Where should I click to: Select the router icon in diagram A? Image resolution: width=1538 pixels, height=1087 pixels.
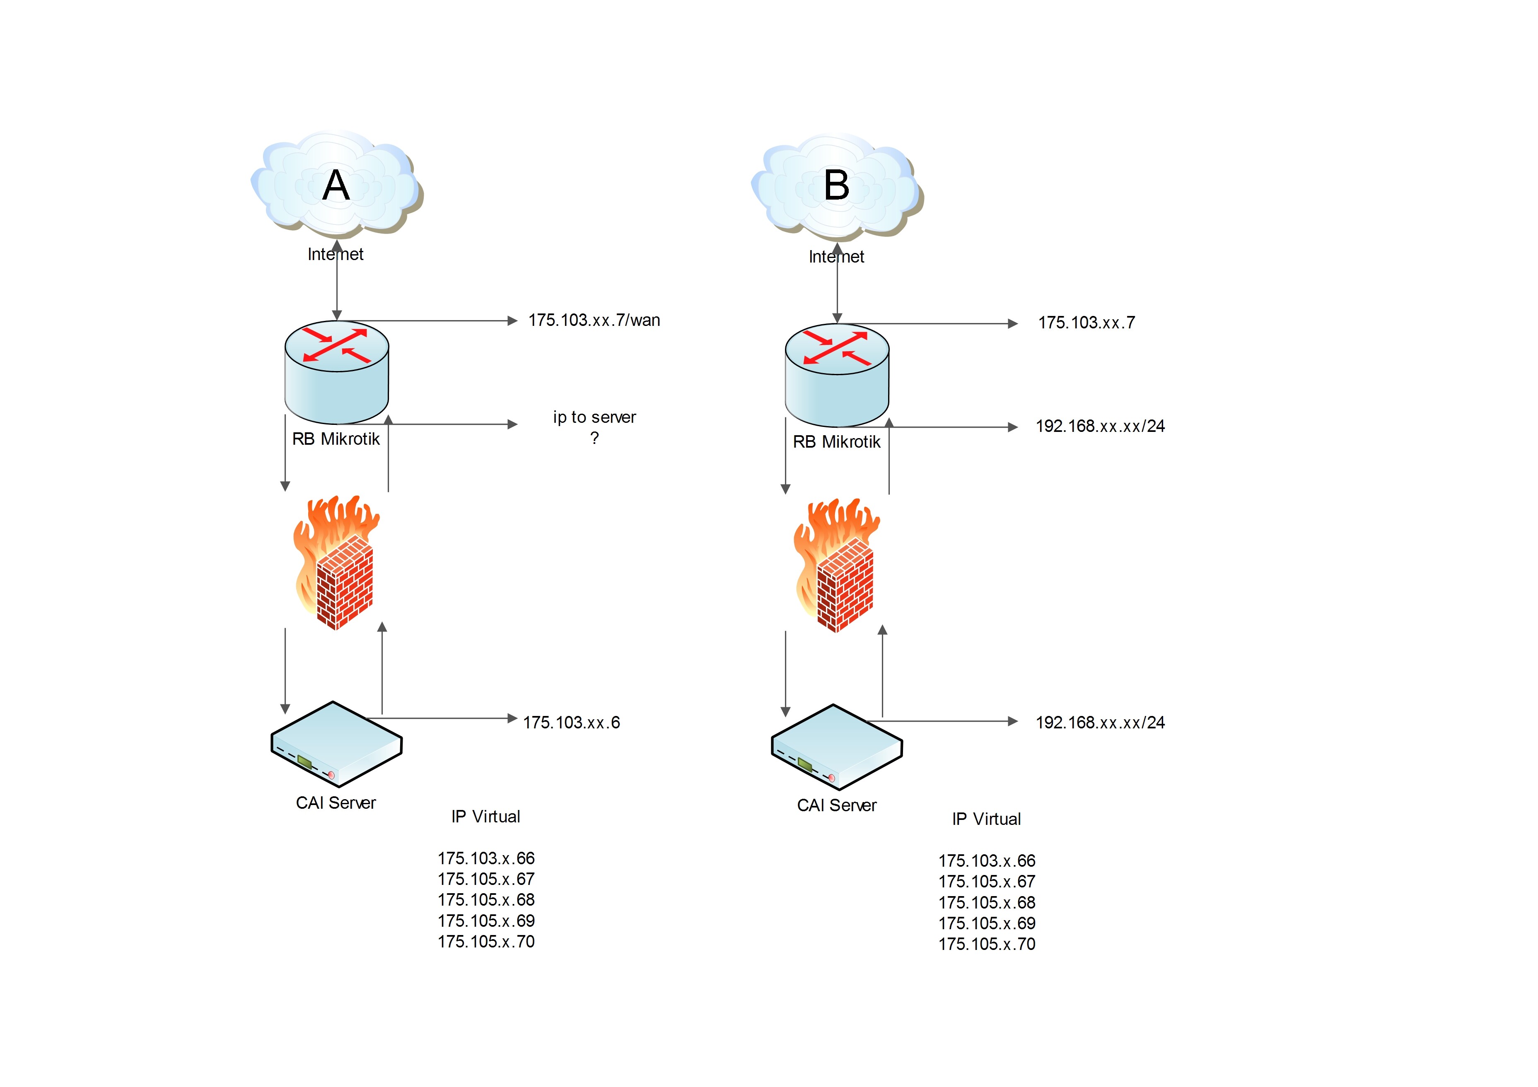pyautogui.click(x=336, y=372)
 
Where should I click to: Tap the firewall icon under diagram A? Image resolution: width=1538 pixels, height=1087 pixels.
pyautogui.click(x=336, y=563)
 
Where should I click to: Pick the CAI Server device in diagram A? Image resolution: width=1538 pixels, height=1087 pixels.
pyautogui.click(x=336, y=743)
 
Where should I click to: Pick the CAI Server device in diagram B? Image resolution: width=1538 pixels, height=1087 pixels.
pyautogui.click(x=837, y=746)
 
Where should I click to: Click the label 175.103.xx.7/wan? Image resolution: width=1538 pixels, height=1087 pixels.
pyautogui.click(x=594, y=320)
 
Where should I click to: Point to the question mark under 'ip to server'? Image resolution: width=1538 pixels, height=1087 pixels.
pyautogui.click(x=594, y=439)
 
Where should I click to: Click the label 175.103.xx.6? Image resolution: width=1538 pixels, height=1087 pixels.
pyautogui.click(x=571, y=723)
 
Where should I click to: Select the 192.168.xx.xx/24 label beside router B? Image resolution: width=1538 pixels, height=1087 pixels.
pyautogui.click(x=1100, y=426)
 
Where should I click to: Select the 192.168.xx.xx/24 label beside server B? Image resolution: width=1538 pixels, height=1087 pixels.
pyautogui.click(x=1100, y=723)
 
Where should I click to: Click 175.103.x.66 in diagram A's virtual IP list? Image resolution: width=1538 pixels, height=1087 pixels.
pyautogui.click(x=486, y=858)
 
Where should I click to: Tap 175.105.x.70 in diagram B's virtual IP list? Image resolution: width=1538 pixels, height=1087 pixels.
pyautogui.click(x=987, y=944)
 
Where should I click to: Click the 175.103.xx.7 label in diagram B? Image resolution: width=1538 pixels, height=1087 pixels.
pyautogui.click(x=1086, y=323)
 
